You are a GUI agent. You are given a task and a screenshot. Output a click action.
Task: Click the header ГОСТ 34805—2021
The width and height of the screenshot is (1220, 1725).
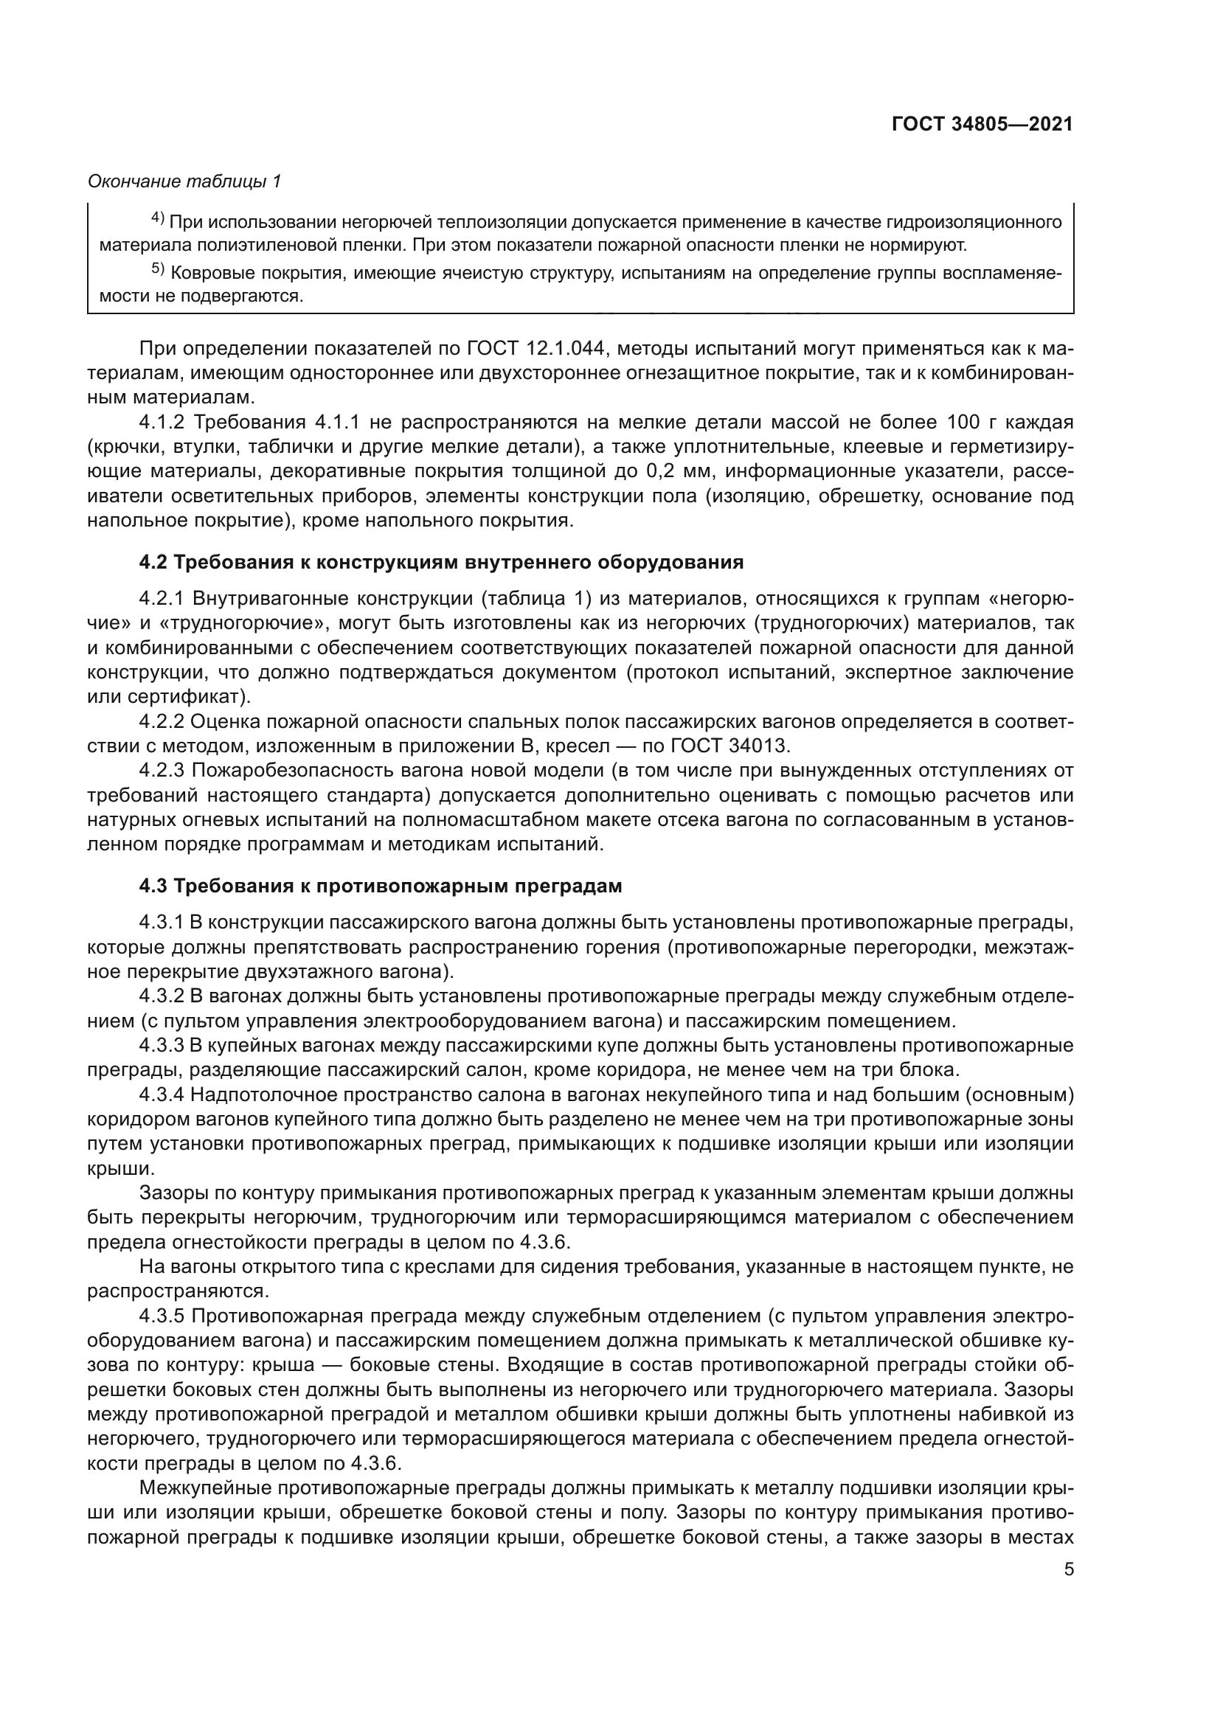(982, 125)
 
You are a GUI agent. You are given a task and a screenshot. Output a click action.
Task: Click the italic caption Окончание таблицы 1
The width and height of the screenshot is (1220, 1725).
(185, 181)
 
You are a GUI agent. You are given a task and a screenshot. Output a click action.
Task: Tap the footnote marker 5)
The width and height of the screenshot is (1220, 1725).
(158, 270)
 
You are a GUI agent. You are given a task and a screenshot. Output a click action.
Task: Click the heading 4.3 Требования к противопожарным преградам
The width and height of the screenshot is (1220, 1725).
(380, 886)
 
